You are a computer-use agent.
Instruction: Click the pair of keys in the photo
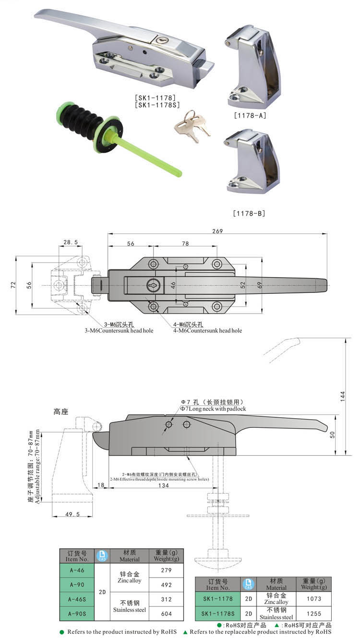(x=191, y=126)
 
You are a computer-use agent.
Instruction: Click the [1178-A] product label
(x=249, y=116)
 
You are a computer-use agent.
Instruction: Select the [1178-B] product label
(x=249, y=213)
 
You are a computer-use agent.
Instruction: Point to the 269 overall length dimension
(x=217, y=231)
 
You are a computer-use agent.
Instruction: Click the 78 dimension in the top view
(x=185, y=244)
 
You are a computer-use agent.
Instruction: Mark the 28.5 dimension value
(x=70, y=243)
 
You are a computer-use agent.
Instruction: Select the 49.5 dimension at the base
(x=72, y=514)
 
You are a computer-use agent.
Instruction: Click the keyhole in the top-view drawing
(x=153, y=285)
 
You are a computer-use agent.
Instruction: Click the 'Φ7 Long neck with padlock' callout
(x=213, y=409)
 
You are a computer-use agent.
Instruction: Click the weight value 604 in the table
(x=167, y=613)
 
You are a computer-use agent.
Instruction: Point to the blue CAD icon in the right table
(x=249, y=584)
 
